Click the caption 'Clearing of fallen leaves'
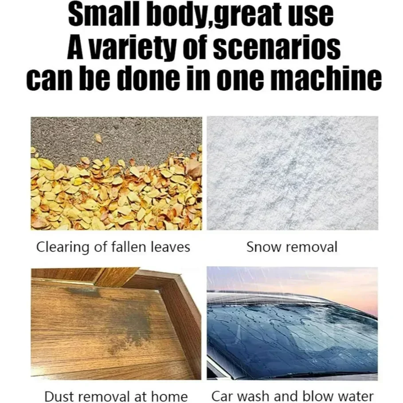tap(113, 247)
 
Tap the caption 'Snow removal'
tap(292, 247)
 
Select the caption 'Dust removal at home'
tap(116, 396)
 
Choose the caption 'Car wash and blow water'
tap(293, 396)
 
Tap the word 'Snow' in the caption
tap(263, 247)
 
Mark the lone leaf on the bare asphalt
tap(98, 138)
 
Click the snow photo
tap(293, 173)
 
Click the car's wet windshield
tap(290, 334)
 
